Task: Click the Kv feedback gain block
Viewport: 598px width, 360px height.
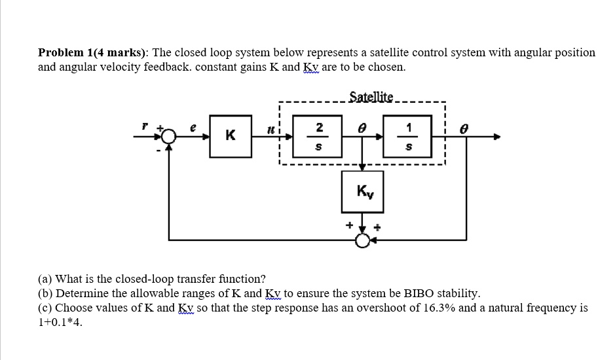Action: [x=363, y=191]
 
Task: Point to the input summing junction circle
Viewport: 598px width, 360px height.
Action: [x=170, y=137]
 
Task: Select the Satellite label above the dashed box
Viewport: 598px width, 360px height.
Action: [x=371, y=98]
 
